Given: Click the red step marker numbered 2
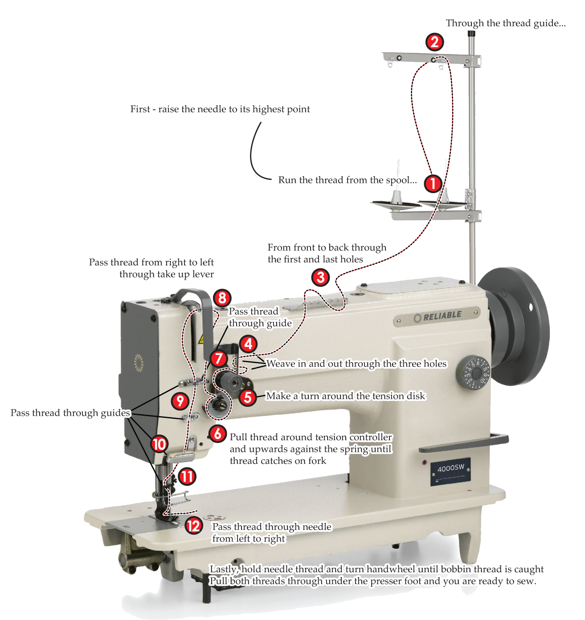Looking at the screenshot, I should [434, 42].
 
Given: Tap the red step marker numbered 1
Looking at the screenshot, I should [433, 183].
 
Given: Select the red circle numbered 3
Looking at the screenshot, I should [320, 277].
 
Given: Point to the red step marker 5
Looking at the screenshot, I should [248, 397].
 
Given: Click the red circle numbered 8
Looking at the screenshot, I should [222, 298].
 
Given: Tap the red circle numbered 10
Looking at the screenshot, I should [159, 444].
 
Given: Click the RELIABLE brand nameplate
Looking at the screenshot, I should [437, 316].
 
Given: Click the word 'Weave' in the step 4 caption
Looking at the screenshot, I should [281, 364].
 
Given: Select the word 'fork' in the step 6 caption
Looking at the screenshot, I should [317, 461].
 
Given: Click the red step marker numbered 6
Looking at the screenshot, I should [217, 433].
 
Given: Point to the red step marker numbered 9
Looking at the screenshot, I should [180, 401].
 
